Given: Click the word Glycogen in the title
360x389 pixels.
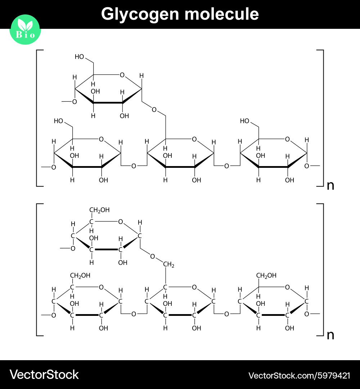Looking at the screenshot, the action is pos(140,14).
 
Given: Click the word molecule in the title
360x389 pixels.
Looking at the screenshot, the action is pos(222,14).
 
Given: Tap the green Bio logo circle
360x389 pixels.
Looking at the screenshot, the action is pos(25,30).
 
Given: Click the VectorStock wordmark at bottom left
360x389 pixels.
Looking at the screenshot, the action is pos(44,375).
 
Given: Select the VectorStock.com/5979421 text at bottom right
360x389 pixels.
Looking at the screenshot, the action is pos(299,376).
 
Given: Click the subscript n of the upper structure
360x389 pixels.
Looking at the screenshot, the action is pos(330,185).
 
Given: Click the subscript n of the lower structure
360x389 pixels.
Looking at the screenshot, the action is pos(330,335).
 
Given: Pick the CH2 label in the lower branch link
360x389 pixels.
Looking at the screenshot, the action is pos(168,265).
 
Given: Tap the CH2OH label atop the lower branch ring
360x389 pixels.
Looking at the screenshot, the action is pos(99,210).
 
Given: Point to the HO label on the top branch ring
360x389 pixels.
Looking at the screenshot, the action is pos(79,57).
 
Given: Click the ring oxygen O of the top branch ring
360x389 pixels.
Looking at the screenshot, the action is pos(122,75).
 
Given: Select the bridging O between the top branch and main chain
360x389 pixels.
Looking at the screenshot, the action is pos(154,109).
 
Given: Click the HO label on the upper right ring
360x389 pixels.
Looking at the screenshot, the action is pos(244,121).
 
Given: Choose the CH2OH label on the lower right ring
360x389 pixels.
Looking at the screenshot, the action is pos(266,276).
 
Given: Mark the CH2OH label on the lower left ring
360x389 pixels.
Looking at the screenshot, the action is pos(80,276).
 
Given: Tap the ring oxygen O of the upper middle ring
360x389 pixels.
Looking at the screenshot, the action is pos(194,139).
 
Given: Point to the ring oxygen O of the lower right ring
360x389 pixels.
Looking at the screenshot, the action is pos(287,287).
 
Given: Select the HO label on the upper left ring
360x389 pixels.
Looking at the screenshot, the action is pos(59,121).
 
